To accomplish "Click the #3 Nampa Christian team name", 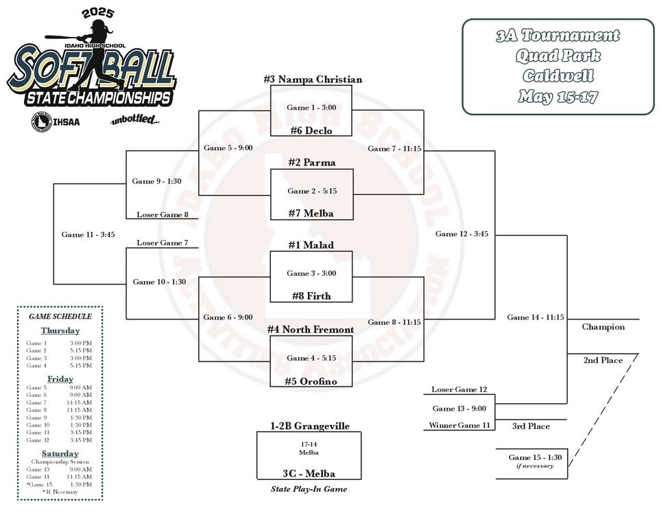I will pos(312,80).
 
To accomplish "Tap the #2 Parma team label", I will pos(312,162).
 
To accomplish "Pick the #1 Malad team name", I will pos(312,245).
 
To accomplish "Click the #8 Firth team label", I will pos(312,296).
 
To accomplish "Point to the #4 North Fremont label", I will pos(312,330).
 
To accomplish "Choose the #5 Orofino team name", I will pos(312,381).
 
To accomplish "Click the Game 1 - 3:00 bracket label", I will pos(311,108).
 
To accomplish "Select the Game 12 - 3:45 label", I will pos(461,234).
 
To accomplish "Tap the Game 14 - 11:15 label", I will pos(535,317).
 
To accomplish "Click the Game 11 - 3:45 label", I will pos(88,234).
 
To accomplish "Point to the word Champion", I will pos(603,327).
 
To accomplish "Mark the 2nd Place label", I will pos(603,360).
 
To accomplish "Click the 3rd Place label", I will pos(531,426).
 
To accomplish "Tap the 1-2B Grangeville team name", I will pos(309,426).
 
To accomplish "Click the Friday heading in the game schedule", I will pos(60,379).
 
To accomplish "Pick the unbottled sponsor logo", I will pos(135,121).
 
